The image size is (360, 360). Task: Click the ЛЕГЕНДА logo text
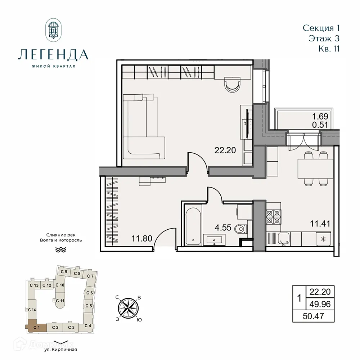click(x=53, y=54)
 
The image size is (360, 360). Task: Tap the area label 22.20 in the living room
click(x=225, y=150)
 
